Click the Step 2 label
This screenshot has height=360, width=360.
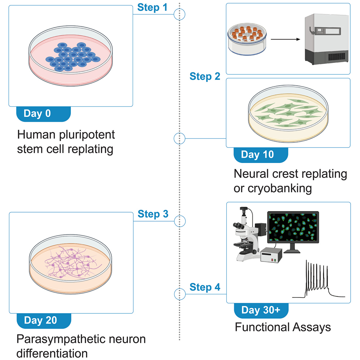pos(205,76)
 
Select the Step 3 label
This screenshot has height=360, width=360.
pos(153,214)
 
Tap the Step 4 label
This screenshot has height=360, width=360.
pos(205,287)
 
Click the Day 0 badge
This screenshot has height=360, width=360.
pos(42,113)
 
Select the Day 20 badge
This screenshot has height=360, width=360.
pos(43,320)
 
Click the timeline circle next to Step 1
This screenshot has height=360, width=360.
pos(180,14)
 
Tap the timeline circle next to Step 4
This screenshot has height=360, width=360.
pos(180,294)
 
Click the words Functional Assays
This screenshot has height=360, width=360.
pos(283,327)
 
